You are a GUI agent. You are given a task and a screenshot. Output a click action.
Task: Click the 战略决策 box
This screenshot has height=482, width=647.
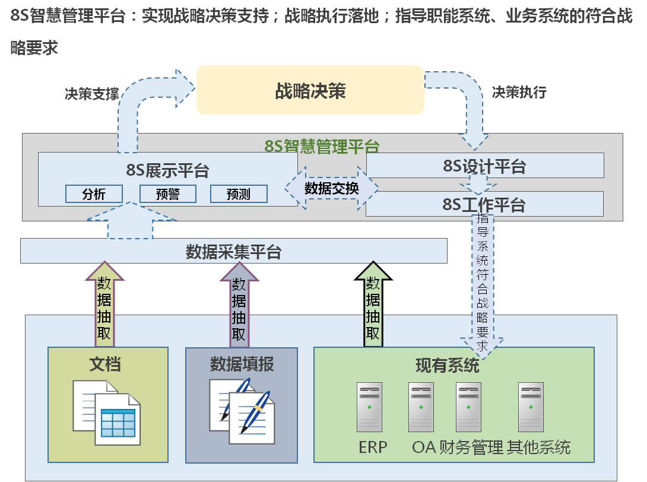pos(310,90)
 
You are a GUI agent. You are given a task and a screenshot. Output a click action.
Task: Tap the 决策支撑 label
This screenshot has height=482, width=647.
pos(91,94)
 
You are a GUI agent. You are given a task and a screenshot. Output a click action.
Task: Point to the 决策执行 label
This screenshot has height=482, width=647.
pos(519,92)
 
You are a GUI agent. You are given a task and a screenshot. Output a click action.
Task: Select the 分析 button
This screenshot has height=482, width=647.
pos(94,194)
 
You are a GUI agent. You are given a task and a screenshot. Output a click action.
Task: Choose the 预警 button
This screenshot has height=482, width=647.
pos(168,194)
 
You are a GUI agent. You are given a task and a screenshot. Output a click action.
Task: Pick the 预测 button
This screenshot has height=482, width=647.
pos(239,194)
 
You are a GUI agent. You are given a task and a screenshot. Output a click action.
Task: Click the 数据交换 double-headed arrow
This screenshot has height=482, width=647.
pos(331,188)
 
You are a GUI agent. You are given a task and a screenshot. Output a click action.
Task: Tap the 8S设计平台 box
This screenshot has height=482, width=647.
pos(484,166)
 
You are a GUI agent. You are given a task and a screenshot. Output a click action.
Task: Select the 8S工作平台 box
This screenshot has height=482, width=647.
pos(484,204)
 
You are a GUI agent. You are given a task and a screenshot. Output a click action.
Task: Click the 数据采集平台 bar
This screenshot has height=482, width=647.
pos(233,251)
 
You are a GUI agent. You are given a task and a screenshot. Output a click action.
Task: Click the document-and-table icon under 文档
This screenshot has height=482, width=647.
pos(107,412)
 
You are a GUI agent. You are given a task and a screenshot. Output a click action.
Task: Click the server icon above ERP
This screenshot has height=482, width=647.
pos(369,407)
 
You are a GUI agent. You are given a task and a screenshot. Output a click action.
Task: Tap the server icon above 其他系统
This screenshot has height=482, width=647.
pos(531,407)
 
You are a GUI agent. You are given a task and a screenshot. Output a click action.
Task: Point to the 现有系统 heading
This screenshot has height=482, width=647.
pos(447,365)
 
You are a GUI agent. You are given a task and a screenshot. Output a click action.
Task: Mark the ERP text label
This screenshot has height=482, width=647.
pos(373,447)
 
